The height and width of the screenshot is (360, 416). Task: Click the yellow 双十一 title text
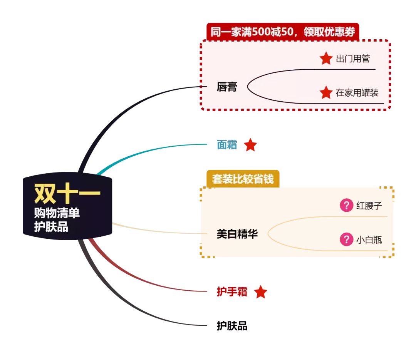67,194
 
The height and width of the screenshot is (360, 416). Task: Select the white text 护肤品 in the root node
51,227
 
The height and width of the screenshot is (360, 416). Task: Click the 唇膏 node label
227,87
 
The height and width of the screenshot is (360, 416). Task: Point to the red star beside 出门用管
326,59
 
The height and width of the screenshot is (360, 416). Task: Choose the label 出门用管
353,59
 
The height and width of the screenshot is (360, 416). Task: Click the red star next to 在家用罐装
326,92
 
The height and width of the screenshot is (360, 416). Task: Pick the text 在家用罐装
357,93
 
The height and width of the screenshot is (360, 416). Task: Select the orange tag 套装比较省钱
243,179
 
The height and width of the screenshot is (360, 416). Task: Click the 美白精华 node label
237,234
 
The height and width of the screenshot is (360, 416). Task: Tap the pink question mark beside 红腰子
346,205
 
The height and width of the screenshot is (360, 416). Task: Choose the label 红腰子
369,206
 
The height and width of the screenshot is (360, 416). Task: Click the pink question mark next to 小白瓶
346,239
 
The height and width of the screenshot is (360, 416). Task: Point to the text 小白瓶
369,240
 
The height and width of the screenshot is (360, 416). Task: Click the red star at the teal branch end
251,144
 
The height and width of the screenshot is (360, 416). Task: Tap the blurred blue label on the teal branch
226,145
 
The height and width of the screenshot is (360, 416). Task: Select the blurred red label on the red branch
232,292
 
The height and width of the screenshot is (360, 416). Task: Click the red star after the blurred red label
261,292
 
